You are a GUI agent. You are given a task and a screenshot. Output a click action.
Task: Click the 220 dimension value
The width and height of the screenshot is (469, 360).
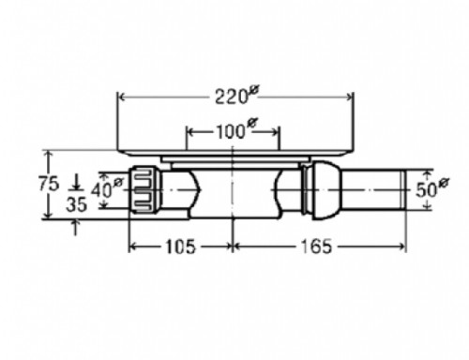[231, 97]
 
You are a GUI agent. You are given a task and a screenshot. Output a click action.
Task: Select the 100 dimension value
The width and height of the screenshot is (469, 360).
[231, 131]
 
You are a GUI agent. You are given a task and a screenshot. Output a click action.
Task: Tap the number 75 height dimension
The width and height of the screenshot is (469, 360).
[49, 183]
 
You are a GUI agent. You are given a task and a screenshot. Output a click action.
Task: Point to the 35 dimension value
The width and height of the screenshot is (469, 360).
[77, 204]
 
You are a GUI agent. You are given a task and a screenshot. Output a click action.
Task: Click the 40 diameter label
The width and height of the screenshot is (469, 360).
[101, 190]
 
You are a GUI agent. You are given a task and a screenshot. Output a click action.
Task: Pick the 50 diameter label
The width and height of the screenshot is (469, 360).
[426, 189]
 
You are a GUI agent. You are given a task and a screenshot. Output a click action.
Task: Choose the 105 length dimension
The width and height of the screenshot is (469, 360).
[180, 247]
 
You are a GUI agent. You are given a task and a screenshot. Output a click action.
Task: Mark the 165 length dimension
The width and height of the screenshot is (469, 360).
[316, 247]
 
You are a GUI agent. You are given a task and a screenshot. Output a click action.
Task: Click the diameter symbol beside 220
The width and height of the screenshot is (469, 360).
[254, 91]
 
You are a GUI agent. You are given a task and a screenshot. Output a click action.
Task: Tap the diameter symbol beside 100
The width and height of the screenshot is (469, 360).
[252, 123]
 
